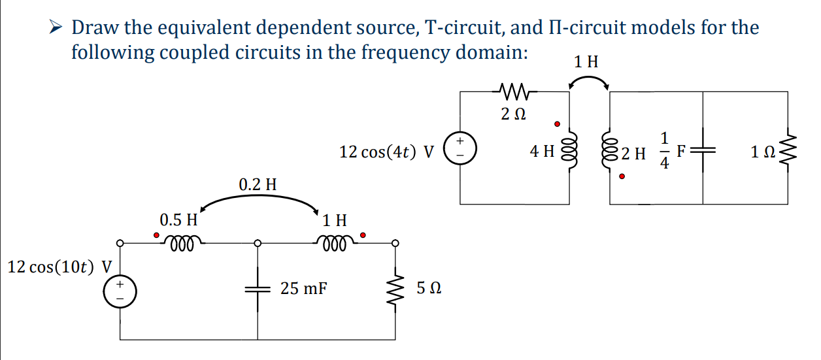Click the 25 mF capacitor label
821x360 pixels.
304,287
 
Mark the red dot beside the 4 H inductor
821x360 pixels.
557,123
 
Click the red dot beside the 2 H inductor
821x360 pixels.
622,176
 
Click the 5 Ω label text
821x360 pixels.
428,288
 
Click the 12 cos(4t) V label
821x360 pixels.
387,152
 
